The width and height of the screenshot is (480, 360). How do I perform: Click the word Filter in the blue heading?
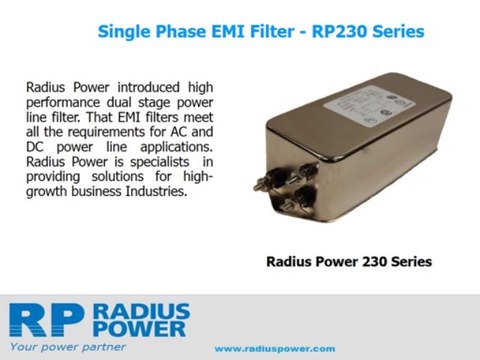(x=272, y=32)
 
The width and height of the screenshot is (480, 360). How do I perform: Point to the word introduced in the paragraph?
(x=149, y=87)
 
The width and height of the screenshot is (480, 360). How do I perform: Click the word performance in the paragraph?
(x=63, y=103)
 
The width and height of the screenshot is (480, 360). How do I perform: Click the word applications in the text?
(x=176, y=147)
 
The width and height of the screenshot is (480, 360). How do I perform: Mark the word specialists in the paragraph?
(x=160, y=162)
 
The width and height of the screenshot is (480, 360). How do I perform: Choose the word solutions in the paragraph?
(x=118, y=176)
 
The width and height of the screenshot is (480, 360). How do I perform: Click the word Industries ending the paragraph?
(x=156, y=191)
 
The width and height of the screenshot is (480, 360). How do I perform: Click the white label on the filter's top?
(x=370, y=106)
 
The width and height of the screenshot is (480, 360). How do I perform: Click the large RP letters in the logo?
(x=45, y=320)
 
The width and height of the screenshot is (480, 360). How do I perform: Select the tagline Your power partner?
(x=68, y=347)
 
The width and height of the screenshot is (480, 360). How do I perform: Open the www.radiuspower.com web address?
(x=275, y=349)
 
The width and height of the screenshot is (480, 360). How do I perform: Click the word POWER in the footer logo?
(x=140, y=329)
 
